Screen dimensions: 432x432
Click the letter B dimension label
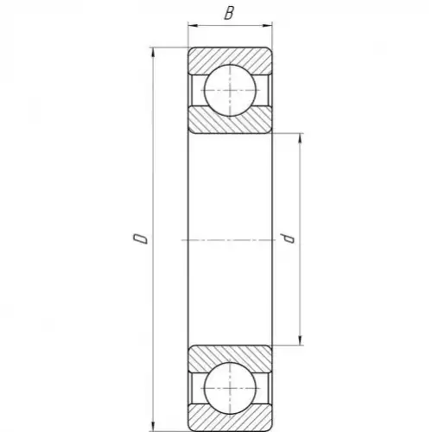(229, 13)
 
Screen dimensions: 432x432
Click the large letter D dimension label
(141, 238)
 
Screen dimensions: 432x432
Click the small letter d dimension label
(288, 238)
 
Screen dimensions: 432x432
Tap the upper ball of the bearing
(230, 91)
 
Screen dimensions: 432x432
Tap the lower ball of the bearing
(230, 388)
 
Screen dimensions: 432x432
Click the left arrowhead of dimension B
(193, 26)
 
